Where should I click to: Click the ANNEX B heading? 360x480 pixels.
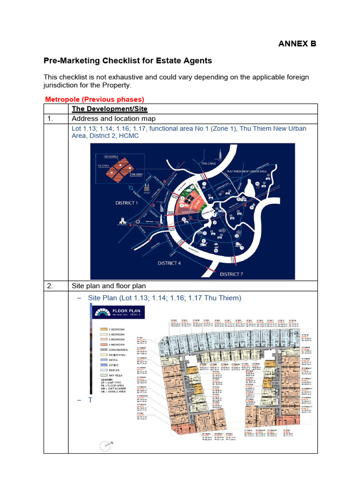tap(298, 44)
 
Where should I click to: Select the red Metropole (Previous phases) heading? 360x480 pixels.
tap(94, 99)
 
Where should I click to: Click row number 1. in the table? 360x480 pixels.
tap(52, 119)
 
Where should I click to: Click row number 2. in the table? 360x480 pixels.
tap(52, 286)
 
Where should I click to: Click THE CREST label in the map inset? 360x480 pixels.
tap(136, 175)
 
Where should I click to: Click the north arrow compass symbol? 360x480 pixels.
tap(107, 444)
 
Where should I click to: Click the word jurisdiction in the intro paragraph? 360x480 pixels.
tap(62, 85)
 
